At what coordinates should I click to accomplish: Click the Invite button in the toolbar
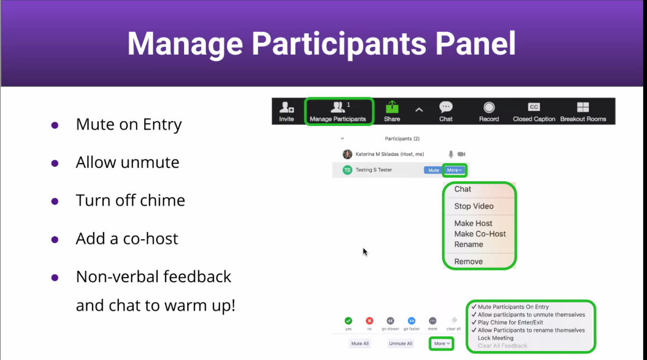pyautogui.click(x=287, y=111)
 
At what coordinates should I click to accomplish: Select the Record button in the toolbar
pyautogui.click(x=489, y=111)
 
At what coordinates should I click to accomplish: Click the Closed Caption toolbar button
pyautogui.click(x=534, y=111)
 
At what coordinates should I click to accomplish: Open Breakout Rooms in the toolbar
pyautogui.click(x=583, y=111)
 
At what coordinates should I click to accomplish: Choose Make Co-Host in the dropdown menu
pyautogui.click(x=480, y=234)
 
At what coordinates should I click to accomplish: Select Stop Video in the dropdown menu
pyautogui.click(x=474, y=206)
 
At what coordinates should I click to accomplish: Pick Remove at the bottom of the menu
pyautogui.click(x=469, y=261)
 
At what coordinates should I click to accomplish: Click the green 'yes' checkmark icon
pyautogui.click(x=348, y=321)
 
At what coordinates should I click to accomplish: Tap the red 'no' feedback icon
pyautogui.click(x=370, y=321)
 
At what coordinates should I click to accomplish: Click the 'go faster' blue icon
pyautogui.click(x=412, y=321)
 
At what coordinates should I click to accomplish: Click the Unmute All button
pyautogui.click(x=401, y=343)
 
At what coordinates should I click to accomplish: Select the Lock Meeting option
pyautogui.click(x=495, y=338)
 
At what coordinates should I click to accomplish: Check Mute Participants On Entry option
pyautogui.click(x=513, y=307)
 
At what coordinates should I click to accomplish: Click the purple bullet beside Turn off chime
pyautogui.click(x=55, y=201)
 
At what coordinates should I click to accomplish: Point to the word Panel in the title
pyautogui.click(x=475, y=43)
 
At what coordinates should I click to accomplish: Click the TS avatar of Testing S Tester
pyautogui.click(x=347, y=170)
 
